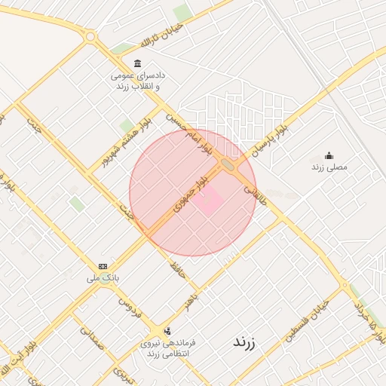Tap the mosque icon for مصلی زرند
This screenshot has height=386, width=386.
tap(329, 155)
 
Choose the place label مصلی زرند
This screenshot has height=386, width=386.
tap(329, 166)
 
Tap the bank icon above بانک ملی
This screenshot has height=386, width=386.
tap(103, 266)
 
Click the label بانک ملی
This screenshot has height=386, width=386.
tap(103, 277)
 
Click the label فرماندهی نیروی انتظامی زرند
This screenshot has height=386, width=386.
tap(166, 348)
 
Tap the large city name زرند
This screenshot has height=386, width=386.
tap(244, 342)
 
